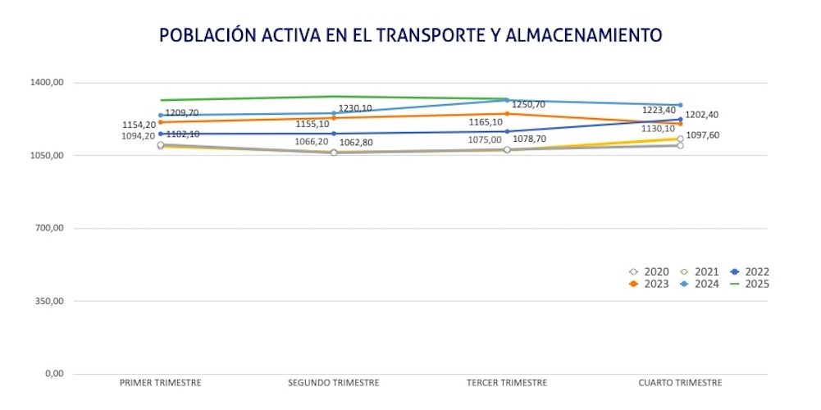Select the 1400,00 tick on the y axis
pos(48,83)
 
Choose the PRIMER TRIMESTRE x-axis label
pos(161,383)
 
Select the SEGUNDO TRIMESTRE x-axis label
pos(334,383)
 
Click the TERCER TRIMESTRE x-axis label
pos(507,383)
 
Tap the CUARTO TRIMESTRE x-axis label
pos(680,383)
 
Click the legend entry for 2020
pos(650,271)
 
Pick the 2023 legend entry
pos(650,284)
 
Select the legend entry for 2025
pos(750,284)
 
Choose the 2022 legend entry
pos(750,271)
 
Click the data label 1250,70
pos(528,105)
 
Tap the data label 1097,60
pos(703,135)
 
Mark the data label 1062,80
pos(357,143)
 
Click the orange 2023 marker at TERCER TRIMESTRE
pos(507,114)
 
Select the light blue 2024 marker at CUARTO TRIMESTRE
pos(680,105)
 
